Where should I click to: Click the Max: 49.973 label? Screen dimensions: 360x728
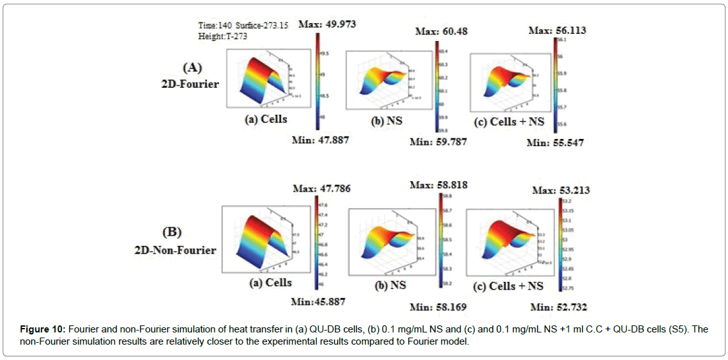click(325, 24)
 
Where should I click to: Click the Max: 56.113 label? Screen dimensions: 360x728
click(558, 30)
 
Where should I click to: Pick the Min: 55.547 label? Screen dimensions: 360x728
click(556, 143)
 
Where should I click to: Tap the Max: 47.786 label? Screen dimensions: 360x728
click(322, 188)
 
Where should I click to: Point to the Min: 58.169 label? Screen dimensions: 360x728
click(439, 307)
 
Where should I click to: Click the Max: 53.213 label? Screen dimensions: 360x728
click(561, 190)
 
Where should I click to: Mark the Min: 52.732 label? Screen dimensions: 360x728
click(558, 307)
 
